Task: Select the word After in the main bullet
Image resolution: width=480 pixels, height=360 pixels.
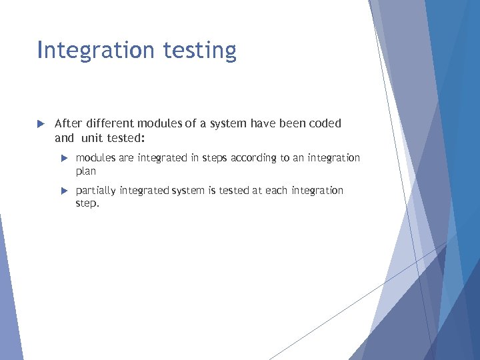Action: (67, 123)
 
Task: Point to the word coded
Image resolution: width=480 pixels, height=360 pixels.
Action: (326, 123)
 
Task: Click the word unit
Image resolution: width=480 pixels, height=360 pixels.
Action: (93, 139)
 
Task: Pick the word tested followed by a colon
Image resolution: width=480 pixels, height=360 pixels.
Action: (129, 139)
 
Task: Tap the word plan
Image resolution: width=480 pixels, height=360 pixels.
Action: (86, 171)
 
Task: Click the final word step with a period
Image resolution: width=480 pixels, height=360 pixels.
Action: (87, 204)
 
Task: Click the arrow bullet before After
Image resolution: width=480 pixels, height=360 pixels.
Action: (40, 124)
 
